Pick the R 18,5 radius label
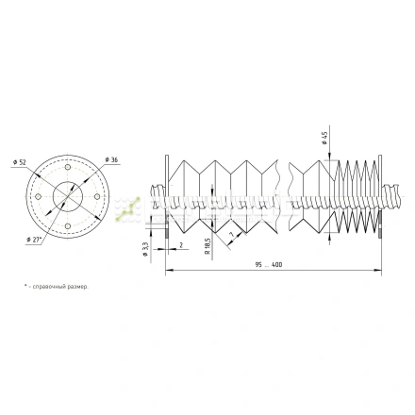pyautogui.click(x=207, y=247)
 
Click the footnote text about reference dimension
pyautogui.click(x=57, y=286)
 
